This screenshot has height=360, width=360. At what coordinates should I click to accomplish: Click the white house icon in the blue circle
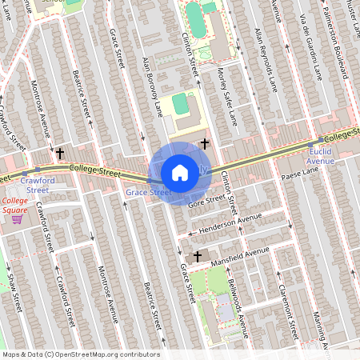click(180, 172)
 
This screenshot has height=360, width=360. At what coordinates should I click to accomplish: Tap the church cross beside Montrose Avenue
click(60, 152)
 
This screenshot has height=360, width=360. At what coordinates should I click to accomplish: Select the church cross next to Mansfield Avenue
click(198, 257)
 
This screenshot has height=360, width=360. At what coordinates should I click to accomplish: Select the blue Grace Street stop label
click(149, 192)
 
